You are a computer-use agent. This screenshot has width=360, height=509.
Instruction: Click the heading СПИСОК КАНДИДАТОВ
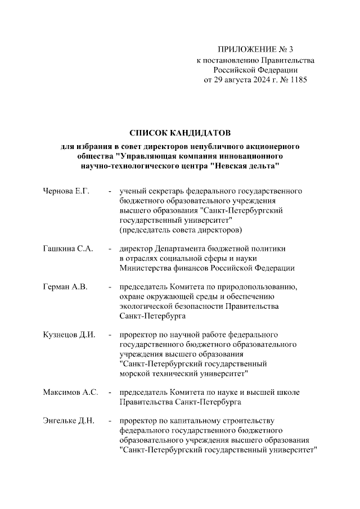tap(180, 133)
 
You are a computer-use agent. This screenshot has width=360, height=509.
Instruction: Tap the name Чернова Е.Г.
tap(66, 191)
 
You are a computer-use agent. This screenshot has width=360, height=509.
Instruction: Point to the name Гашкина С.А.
tap(68, 248)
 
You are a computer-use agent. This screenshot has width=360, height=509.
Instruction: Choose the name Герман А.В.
tap(65, 287)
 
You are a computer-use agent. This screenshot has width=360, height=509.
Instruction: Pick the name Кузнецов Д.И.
tap(68, 335)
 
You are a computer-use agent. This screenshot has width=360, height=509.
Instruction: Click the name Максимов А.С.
tap(71, 392)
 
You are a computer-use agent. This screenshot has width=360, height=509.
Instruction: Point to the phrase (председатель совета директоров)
tap(181, 230)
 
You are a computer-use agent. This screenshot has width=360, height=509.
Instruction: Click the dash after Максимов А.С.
tap(111, 392)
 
